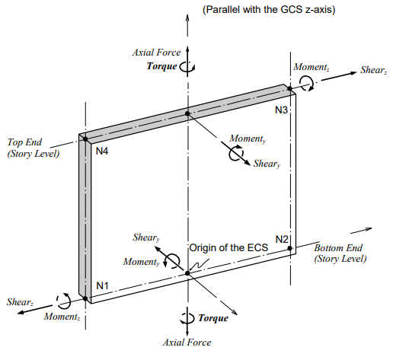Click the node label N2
282,240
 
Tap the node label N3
282,110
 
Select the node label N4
102,151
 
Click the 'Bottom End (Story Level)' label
340,253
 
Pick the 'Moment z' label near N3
312,68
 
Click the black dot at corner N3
290,89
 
